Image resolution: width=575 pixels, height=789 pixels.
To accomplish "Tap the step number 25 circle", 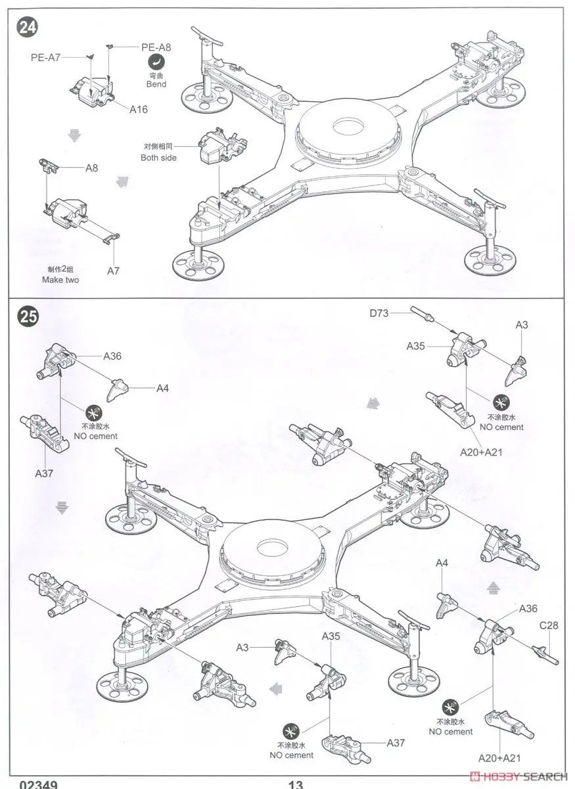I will tap(28, 318).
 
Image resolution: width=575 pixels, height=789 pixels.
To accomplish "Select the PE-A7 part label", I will tap(45, 57).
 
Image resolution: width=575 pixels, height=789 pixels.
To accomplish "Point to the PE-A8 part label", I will tap(156, 47).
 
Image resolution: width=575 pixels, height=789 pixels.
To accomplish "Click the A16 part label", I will tap(138, 109).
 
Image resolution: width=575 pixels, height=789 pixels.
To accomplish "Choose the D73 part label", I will tap(379, 313).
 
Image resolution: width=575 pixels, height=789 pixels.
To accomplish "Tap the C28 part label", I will tap(549, 625).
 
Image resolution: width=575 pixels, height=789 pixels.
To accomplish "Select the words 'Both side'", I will tap(158, 158).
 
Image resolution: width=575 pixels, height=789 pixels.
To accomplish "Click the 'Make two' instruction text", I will tap(60, 279).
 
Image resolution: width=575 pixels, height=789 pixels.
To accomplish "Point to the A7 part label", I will tap(114, 270).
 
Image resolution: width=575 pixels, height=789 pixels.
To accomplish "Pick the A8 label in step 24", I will tap(91, 168).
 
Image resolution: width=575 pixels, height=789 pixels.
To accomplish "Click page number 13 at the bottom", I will tap(295, 784).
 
